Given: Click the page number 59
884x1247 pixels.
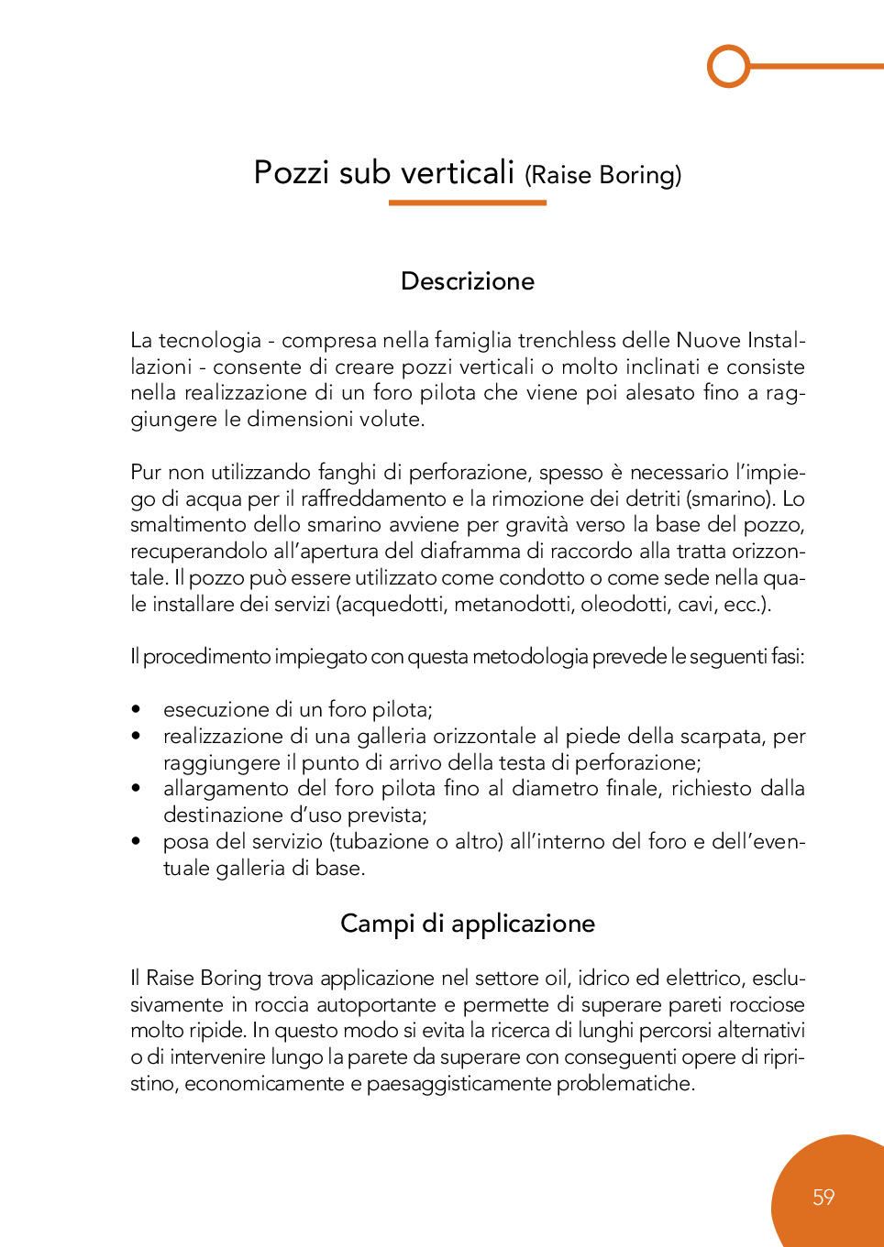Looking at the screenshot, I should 823,1197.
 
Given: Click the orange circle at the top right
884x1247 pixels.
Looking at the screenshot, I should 729,66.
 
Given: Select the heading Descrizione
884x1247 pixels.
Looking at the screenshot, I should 468,281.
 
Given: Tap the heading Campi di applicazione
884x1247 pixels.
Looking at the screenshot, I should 468,924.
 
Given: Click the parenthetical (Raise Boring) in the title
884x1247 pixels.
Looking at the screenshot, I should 602,175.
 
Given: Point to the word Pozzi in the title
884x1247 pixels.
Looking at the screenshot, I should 292,173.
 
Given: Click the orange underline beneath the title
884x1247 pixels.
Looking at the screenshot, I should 468,202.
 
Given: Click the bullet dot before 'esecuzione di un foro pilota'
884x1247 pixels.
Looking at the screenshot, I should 136,709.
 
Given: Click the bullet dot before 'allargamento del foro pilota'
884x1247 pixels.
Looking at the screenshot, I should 136,788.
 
